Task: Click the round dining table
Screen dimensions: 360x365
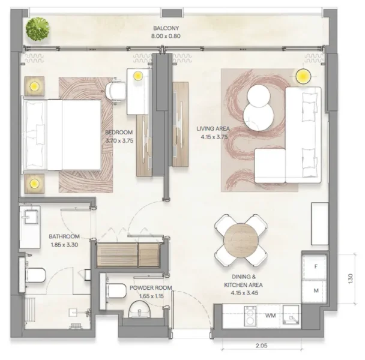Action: [x=241, y=240]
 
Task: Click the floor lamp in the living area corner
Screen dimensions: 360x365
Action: [x=303, y=77]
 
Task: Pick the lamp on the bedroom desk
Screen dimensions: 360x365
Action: [x=138, y=76]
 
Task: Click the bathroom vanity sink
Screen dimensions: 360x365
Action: [x=29, y=220]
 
